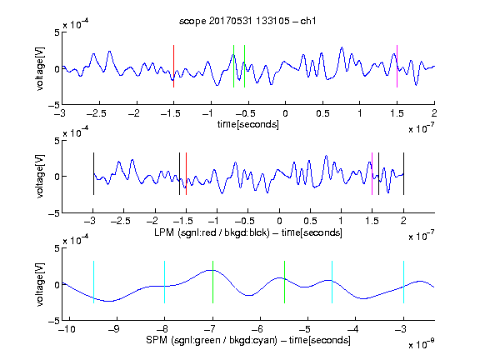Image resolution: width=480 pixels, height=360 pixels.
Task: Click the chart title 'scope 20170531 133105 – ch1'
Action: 247,21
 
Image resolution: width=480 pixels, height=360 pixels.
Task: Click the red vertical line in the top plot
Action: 173,67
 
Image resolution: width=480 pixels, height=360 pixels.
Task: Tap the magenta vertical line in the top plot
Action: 397,67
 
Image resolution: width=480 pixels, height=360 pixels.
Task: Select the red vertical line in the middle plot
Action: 186,173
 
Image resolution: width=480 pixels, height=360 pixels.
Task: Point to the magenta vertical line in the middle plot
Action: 372,173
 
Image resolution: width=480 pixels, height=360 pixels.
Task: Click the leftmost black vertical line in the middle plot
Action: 93,173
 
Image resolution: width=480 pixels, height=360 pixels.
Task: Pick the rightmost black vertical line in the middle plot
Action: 403,173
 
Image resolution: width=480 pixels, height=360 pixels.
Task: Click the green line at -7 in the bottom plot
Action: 212,282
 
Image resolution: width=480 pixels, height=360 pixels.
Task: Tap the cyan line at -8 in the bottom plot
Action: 165,282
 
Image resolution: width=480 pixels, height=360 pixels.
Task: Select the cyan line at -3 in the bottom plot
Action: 404,282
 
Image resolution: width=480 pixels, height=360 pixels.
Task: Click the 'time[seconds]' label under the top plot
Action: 248,125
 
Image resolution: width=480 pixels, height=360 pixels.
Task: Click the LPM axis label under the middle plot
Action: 248,232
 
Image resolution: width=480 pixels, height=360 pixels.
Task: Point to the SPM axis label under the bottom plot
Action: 248,340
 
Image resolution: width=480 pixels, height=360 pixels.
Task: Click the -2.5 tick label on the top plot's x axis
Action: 97,113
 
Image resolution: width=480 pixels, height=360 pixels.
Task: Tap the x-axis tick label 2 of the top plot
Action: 434,113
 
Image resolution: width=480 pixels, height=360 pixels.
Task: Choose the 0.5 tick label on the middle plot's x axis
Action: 310,221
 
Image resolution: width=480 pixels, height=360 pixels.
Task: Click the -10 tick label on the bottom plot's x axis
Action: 67,329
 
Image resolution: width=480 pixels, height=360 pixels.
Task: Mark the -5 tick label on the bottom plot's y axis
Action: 54,321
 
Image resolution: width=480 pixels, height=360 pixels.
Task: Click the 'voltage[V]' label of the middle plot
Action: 40,177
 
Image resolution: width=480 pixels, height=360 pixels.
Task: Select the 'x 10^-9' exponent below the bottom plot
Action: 421,344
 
